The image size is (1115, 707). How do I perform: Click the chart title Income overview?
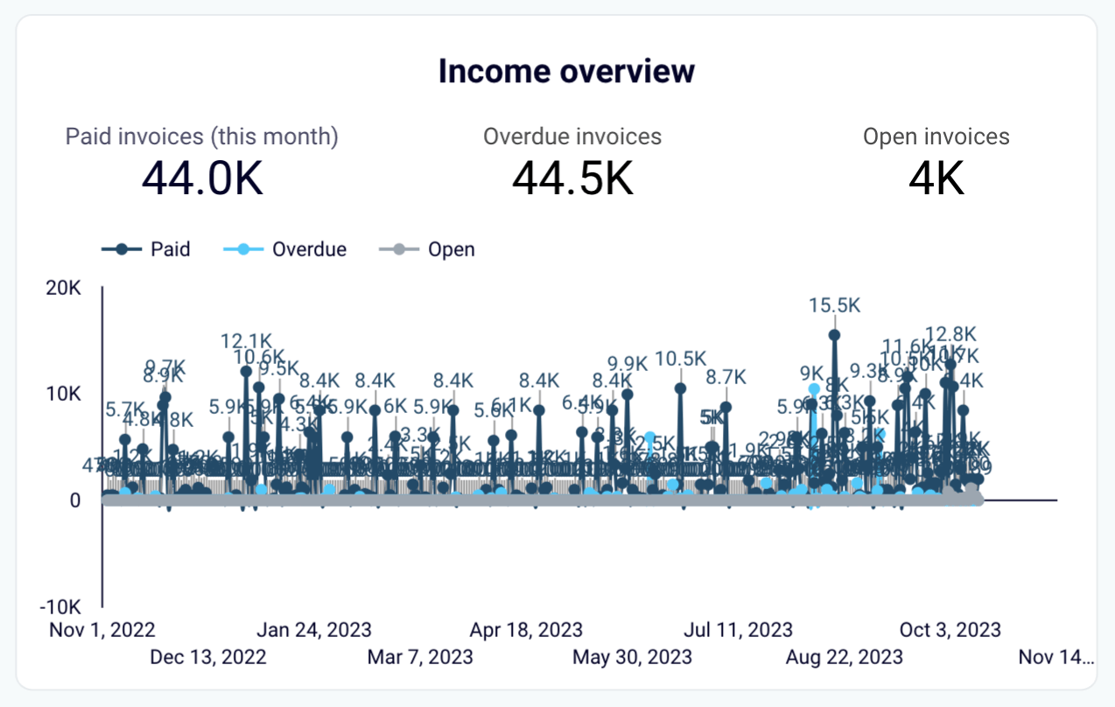(566, 71)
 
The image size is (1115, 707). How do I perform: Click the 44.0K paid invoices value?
(202, 178)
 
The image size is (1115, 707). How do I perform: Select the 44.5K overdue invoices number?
(572, 178)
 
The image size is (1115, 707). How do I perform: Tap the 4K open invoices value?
(936, 178)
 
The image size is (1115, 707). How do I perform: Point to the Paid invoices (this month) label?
(202, 136)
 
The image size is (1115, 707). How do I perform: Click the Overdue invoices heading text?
(572, 136)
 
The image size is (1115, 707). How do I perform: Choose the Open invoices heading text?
(936, 136)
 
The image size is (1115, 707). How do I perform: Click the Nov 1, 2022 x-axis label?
(102, 629)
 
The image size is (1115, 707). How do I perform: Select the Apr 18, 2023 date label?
(526, 629)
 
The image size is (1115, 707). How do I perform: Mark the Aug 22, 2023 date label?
(844, 655)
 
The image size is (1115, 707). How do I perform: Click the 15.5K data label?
(835, 305)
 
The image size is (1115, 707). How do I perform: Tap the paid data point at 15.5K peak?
(834, 334)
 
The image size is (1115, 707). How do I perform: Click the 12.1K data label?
(247, 340)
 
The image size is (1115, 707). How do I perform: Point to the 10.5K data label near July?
(680, 359)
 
